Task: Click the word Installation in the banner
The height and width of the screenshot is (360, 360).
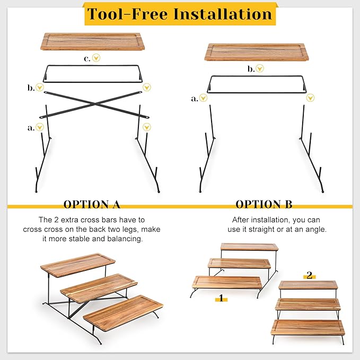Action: pyautogui.click(x=223, y=14)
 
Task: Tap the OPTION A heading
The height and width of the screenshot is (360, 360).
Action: pyautogui.click(x=92, y=204)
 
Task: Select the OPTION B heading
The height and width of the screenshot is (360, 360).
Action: pyautogui.click(x=264, y=204)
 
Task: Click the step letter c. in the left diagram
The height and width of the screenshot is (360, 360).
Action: pyautogui.click(x=87, y=59)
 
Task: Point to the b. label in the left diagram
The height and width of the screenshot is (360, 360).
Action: pyautogui.click(x=31, y=87)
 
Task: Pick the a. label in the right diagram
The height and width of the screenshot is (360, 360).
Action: pyautogui.click(x=195, y=99)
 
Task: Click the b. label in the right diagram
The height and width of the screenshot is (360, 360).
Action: pyautogui.click(x=251, y=68)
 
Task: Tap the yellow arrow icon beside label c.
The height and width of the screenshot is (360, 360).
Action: pyautogui.click(x=96, y=58)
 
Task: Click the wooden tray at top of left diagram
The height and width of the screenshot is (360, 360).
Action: pyautogui.click(x=93, y=41)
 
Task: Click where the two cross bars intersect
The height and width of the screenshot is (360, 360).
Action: pyautogui.click(x=94, y=104)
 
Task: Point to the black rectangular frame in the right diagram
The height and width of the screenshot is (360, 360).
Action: pyautogui.click(x=257, y=93)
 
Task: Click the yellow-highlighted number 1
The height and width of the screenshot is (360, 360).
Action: pyautogui.click(x=221, y=298)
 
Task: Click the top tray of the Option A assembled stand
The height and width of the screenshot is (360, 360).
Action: pyautogui.click(x=77, y=265)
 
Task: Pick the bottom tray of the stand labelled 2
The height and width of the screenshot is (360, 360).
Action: pyautogui.click(x=308, y=328)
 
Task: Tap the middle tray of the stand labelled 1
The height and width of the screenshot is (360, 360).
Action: pyautogui.click(x=239, y=264)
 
